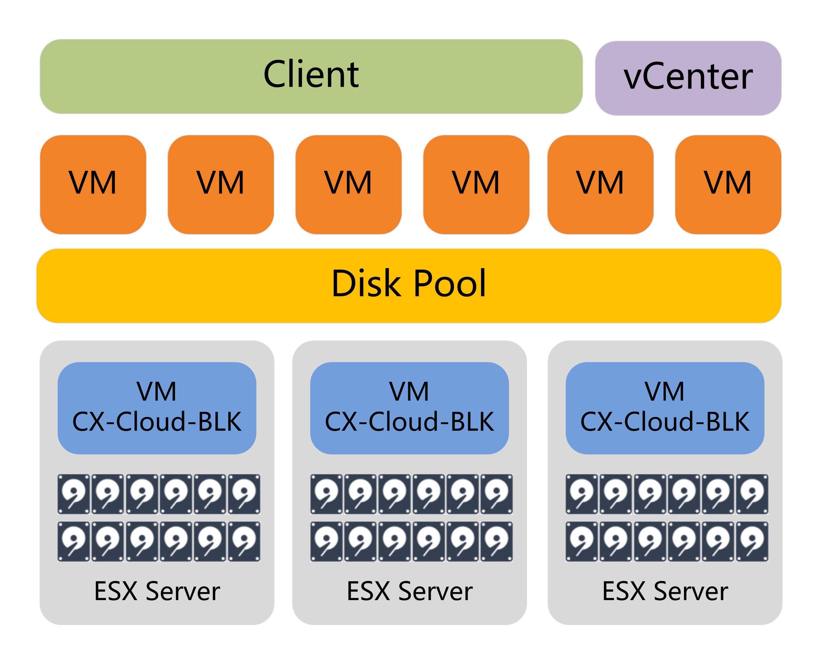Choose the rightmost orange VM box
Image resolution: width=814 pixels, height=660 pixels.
point(728,184)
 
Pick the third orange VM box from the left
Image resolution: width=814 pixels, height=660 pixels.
point(348,184)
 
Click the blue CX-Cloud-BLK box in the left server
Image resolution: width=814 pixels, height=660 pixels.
point(157,408)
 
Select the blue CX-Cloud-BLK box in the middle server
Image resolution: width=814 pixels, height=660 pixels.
point(409,408)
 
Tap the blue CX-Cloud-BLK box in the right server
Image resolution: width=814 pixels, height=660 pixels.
point(664,408)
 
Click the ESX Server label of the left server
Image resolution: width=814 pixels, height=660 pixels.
point(157,591)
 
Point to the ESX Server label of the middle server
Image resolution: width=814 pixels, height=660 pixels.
point(409,591)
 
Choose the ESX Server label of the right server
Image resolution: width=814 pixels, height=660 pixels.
point(664,591)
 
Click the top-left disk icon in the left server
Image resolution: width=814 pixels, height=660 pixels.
point(74,494)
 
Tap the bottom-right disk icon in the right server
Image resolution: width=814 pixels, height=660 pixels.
point(752,541)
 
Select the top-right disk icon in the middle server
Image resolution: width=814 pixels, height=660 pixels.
point(496,494)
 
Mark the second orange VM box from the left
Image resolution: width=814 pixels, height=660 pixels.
point(220,184)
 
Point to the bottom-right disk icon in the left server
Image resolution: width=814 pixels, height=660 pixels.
point(244,541)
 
